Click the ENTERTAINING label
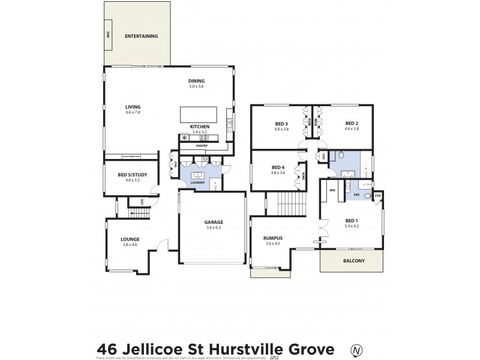141,37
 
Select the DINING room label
197,81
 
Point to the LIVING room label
133,107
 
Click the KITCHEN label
199,127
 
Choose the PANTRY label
202,146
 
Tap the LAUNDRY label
197,182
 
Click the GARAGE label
214,222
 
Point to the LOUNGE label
130,239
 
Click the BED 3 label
281,124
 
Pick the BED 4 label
278,167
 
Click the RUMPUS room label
273,238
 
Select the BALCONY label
352,260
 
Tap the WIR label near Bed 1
331,190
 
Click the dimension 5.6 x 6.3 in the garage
214,227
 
